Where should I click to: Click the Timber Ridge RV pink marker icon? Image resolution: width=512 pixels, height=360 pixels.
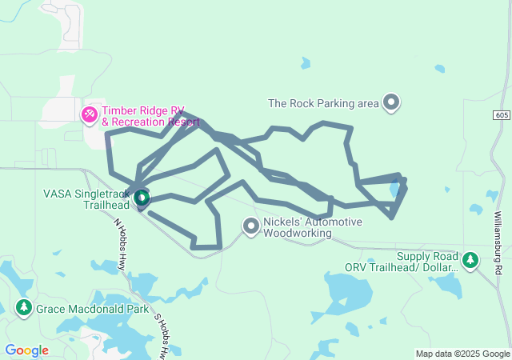tap(90, 115)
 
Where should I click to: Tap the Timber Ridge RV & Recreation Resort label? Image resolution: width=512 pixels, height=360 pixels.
tap(150, 117)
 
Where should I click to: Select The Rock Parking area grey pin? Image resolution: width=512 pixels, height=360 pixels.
tap(391, 102)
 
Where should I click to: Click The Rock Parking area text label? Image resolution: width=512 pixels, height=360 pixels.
tap(323, 103)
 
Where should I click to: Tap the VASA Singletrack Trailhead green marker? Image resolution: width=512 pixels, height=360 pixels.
tap(142, 197)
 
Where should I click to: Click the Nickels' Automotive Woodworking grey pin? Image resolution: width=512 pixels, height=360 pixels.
tap(251, 227)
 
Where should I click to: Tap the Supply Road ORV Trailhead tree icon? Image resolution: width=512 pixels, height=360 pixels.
tap(471, 260)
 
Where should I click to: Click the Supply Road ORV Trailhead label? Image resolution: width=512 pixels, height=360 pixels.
tap(403, 262)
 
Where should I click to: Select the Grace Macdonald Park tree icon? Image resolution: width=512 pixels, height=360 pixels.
tap(24, 307)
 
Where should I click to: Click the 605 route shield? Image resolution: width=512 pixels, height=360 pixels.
tap(501, 116)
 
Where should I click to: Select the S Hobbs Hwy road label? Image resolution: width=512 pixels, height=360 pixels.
tap(162, 333)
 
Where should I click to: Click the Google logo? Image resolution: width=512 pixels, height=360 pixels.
tap(27, 350)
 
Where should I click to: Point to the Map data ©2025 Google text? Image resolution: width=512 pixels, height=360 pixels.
tap(462, 354)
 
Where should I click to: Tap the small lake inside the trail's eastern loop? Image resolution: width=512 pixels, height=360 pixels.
tap(395, 190)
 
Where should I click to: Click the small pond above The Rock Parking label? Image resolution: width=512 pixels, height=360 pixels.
tap(305, 62)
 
